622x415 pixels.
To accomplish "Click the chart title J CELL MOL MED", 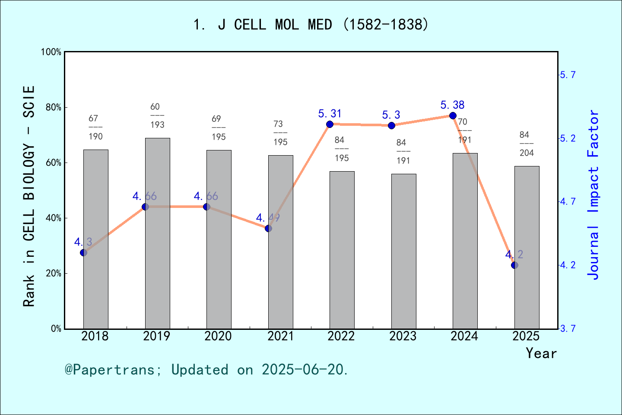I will tap(311, 25).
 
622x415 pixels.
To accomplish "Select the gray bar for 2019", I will tap(157, 233).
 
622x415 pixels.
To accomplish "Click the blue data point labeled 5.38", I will tap(453, 115).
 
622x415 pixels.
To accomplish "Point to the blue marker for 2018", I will tap(84, 252).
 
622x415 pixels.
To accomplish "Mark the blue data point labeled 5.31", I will tap(330, 124).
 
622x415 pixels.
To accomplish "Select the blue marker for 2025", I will tap(514, 265).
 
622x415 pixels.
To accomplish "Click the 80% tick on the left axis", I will tap(53, 108).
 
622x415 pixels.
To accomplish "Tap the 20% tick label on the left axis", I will tap(53, 274).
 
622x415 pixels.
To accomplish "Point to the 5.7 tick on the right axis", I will tap(568, 75).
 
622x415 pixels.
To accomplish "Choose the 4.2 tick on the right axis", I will tap(568, 265).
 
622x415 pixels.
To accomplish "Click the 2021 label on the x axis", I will tap(280, 336).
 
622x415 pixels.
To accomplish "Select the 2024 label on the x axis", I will tap(464, 336).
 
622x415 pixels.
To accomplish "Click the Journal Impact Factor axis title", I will tap(593, 195).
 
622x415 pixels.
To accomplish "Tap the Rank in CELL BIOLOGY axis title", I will tap(29, 196).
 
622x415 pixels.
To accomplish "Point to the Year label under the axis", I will tap(541, 354).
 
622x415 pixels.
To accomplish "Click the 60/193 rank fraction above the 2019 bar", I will tap(157, 115).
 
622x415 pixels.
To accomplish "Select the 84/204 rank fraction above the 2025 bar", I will tap(526, 144).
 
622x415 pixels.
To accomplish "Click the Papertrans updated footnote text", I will tap(206, 370).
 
